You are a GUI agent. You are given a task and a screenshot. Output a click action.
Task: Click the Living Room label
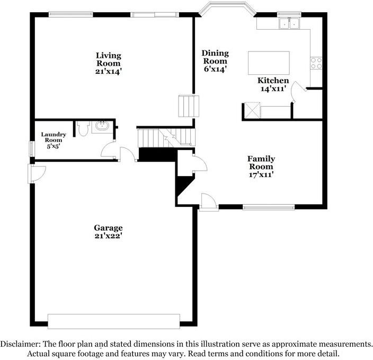(x=109, y=59)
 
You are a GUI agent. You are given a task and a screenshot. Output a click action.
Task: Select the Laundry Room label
(x=54, y=137)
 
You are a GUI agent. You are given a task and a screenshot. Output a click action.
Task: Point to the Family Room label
(x=261, y=162)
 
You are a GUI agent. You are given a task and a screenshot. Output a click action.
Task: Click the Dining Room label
(x=215, y=57)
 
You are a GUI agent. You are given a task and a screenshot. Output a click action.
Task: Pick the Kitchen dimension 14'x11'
(x=273, y=89)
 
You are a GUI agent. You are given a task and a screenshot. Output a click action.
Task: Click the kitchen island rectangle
(x=269, y=63)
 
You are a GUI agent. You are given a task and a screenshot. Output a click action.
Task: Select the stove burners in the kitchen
(x=316, y=63)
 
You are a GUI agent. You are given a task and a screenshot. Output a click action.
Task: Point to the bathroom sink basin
(x=101, y=127)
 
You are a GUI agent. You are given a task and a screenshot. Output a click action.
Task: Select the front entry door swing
(x=208, y=201)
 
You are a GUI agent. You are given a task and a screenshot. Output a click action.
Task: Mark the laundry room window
(x=31, y=148)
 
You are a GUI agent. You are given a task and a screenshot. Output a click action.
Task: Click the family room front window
(x=268, y=206)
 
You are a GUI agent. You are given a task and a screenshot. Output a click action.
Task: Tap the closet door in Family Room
(x=199, y=162)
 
